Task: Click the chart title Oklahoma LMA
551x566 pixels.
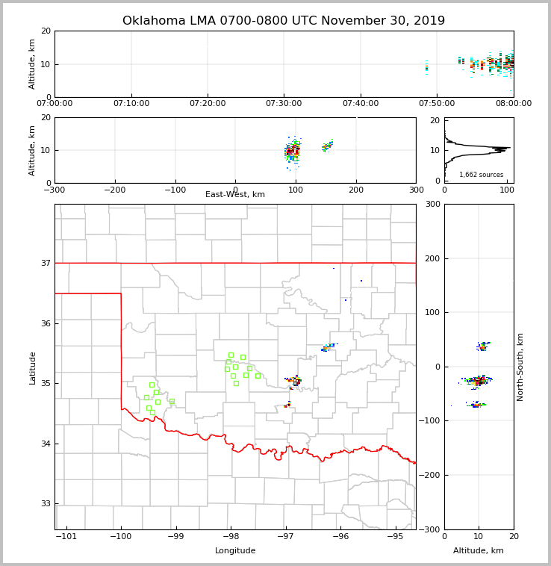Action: [x=283, y=21]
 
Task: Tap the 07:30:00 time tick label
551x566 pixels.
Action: [x=284, y=104]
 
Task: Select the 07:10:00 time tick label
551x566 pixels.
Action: [x=131, y=104]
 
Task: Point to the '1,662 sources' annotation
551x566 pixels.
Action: [x=481, y=175]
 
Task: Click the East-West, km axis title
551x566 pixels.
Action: [x=235, y=195]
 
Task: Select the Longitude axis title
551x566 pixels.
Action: [x=235, y=551]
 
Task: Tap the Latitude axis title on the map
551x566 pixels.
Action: [x=33, y=367]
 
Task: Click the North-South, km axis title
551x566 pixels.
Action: [x=520, y=367]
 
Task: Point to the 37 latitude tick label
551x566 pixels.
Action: [x=45, y=263]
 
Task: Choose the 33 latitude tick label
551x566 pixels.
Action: [x=45, y=504]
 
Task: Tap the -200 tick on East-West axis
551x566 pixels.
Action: [x=114, y=190]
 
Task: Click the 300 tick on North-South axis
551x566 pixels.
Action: [x=431, y=204]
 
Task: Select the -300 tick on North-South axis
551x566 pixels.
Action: [x=428, y=529]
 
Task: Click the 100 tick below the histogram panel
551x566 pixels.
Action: [x=507, y=190]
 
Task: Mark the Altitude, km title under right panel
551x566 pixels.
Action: [x=479, y=551]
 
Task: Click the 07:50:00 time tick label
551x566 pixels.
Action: [x=437, y=104]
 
